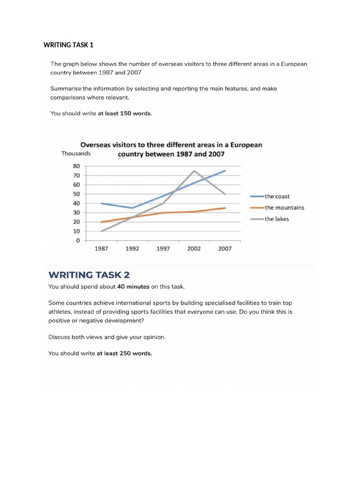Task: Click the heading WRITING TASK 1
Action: click(x=68, y=45)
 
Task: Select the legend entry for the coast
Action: click(x=277, y=196)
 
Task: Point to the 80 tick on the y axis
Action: click(x=76, y=166)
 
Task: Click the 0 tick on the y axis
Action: click(x=78, y=240)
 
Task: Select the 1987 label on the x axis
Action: click(x=101, y=249)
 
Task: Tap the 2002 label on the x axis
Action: click(x=194, y=249)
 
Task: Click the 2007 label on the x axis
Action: click(x=225, y=249)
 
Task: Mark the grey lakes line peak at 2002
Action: click(x=194, y=171)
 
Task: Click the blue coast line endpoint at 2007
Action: click(x=225, y=171)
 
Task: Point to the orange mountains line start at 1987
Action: click(x=102, y=222)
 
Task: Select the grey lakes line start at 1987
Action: click(x=102, y=231)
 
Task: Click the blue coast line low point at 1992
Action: click(x=132, y=208)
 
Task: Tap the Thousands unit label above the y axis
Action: click(x=76, y=153)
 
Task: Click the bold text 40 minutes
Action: click(x=134, y=286)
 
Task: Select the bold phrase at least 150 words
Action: click(x=125, y=113)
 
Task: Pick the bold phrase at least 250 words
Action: click(x=124, y=353)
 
